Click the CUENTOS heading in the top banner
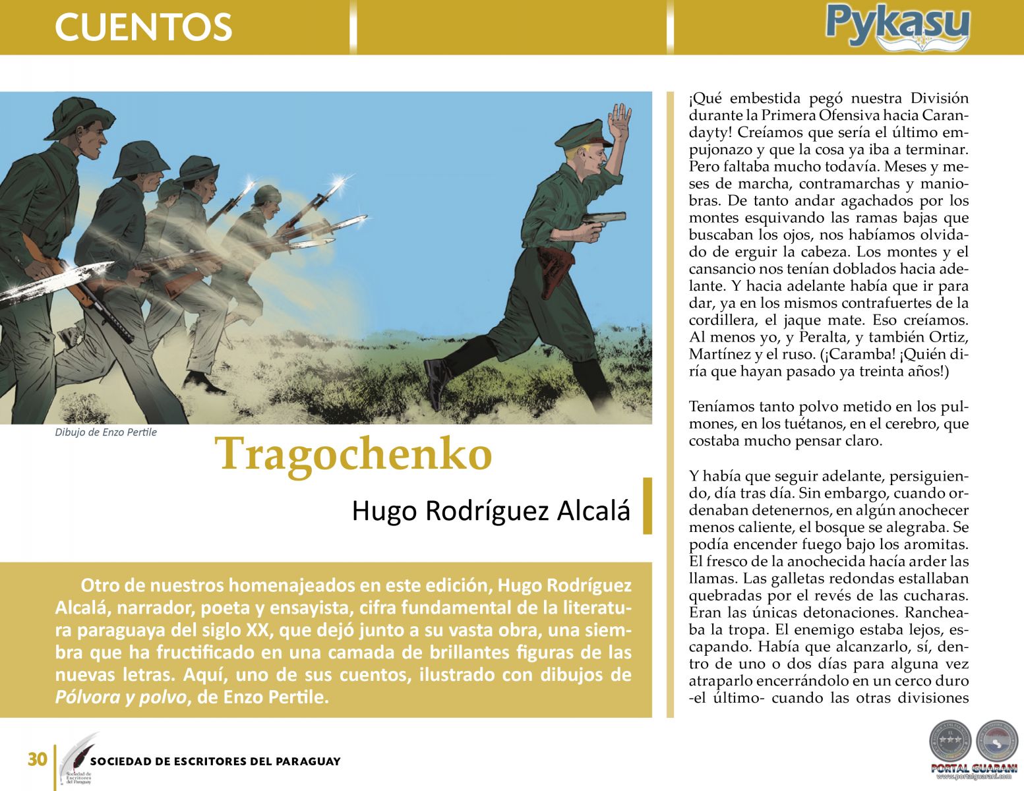click(x=143, y=27)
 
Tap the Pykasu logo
click(x=897, y=27)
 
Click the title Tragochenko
click(x=353, y=454)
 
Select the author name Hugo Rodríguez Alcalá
click(x=491, y=511)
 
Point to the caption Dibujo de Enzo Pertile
click(x=105, y=432)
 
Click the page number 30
click(x=37, y=760)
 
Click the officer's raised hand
click(x=620, y=122)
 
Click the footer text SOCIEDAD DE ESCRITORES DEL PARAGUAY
click(x=215, y=761)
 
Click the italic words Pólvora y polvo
click(x=120, y=697)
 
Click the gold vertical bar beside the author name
click(x=647, y=506)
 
